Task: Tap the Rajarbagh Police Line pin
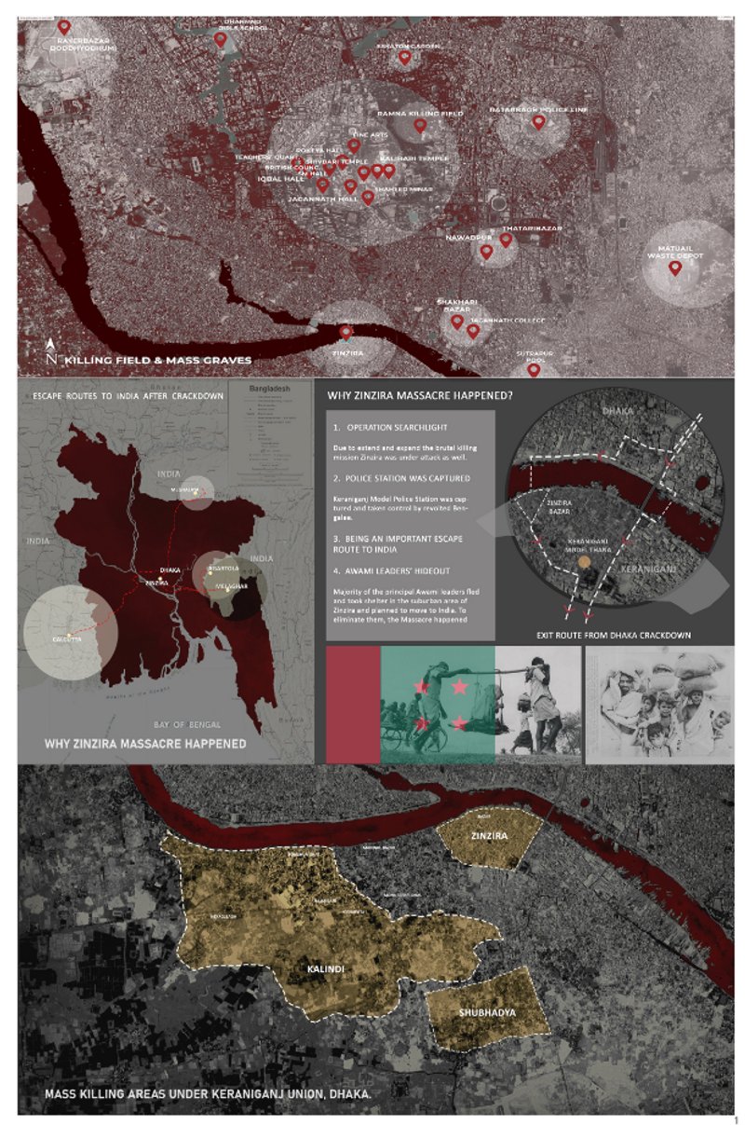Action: tap(538, 121)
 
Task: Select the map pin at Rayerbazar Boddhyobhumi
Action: tap(63, 27)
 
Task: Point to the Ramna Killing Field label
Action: tap(420, 114)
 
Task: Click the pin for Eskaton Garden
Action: tap(404, 57)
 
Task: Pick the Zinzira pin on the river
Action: tap(346, 332)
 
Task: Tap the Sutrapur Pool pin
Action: tap(534, 370)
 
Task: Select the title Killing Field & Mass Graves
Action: tap(158, 358)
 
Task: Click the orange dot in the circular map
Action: tap(584, 562)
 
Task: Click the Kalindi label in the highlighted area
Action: tap(326, 970)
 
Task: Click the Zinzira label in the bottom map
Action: tap(490, 836)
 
